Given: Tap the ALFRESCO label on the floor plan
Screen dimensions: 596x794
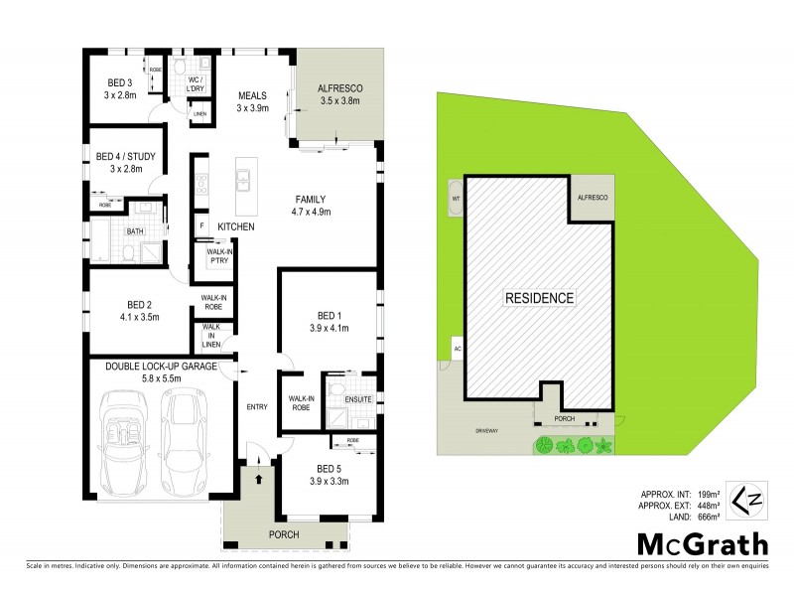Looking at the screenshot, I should tap(338, 93).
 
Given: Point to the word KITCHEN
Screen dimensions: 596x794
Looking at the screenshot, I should tap(236, 227).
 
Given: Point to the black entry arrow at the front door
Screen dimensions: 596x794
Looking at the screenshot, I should tap(260, 479).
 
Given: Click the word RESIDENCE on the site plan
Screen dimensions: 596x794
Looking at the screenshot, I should tap(540, 297).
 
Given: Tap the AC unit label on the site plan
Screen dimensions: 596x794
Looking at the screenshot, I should tap(458, 349).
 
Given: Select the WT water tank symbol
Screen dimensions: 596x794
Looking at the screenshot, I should tap(457, 198).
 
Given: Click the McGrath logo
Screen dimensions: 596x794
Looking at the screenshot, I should tap(701, 544).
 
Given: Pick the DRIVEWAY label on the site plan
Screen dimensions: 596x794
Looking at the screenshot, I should tap(487, 432).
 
